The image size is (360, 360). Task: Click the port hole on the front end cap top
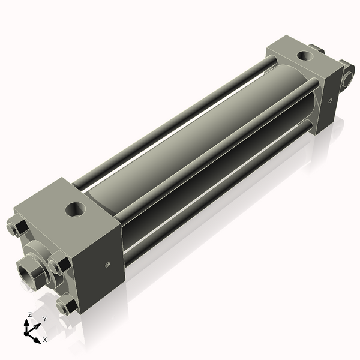click(76, 210)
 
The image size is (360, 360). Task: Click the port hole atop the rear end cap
click(305, 56)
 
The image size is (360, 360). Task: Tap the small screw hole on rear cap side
click(330, 100)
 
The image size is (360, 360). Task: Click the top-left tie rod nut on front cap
click(17, 229)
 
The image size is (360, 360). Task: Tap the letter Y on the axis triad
click(44, 319)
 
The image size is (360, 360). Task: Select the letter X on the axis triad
click(44, 340)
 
